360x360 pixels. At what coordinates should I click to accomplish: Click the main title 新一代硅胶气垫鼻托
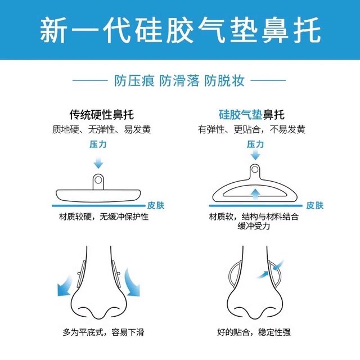pos(180,31)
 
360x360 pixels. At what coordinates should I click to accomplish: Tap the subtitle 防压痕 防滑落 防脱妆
pos(180,81)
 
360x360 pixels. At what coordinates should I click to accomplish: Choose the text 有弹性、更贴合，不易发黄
pos(251,129)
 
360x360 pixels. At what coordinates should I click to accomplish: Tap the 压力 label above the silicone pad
pos(255,145)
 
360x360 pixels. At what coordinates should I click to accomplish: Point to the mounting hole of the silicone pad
pos(255,168)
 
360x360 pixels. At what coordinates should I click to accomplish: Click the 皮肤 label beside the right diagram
pos(315,206)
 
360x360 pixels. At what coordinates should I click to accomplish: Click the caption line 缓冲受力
pos(254,227)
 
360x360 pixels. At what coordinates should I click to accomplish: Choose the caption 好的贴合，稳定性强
pos(254,332)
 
